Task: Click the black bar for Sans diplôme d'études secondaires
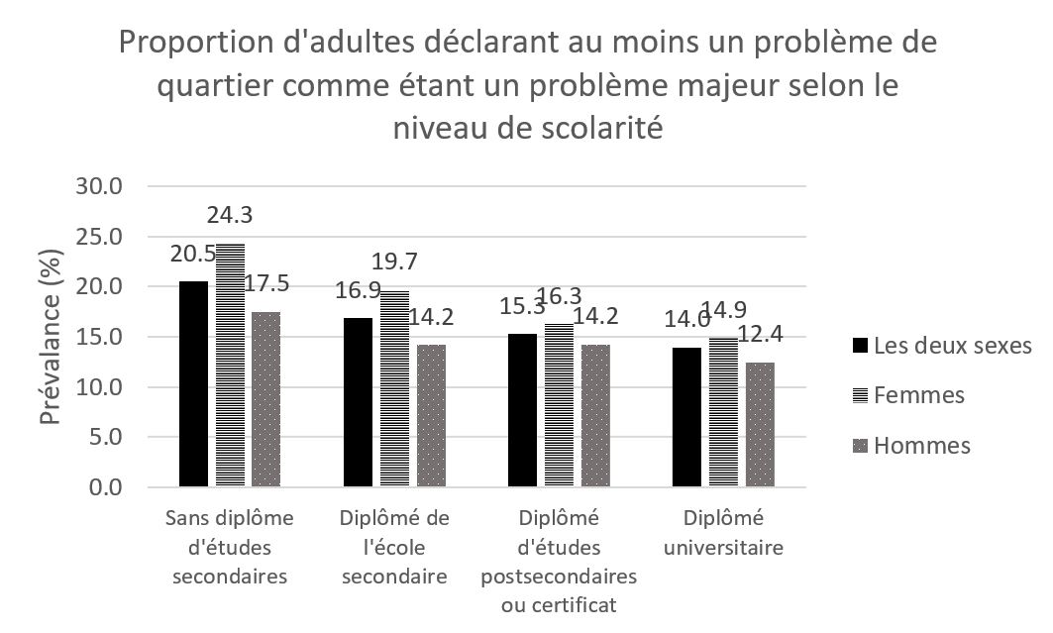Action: click(x=193, y=384)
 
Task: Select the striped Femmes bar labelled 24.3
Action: click(x=229, y=365)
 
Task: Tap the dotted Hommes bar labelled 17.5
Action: click(x=265, y=399)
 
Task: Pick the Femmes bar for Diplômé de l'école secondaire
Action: click(x=393, y=388)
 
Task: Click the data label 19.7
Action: click(x=394, y=262)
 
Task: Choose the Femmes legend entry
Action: click(x=918, y=395)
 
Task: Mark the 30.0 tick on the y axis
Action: click(x=99, y=186)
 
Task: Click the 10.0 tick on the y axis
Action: click(x=99, y=387)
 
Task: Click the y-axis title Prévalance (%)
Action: click(x=51, y=337)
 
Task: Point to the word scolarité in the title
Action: click(x=583, y=128)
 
